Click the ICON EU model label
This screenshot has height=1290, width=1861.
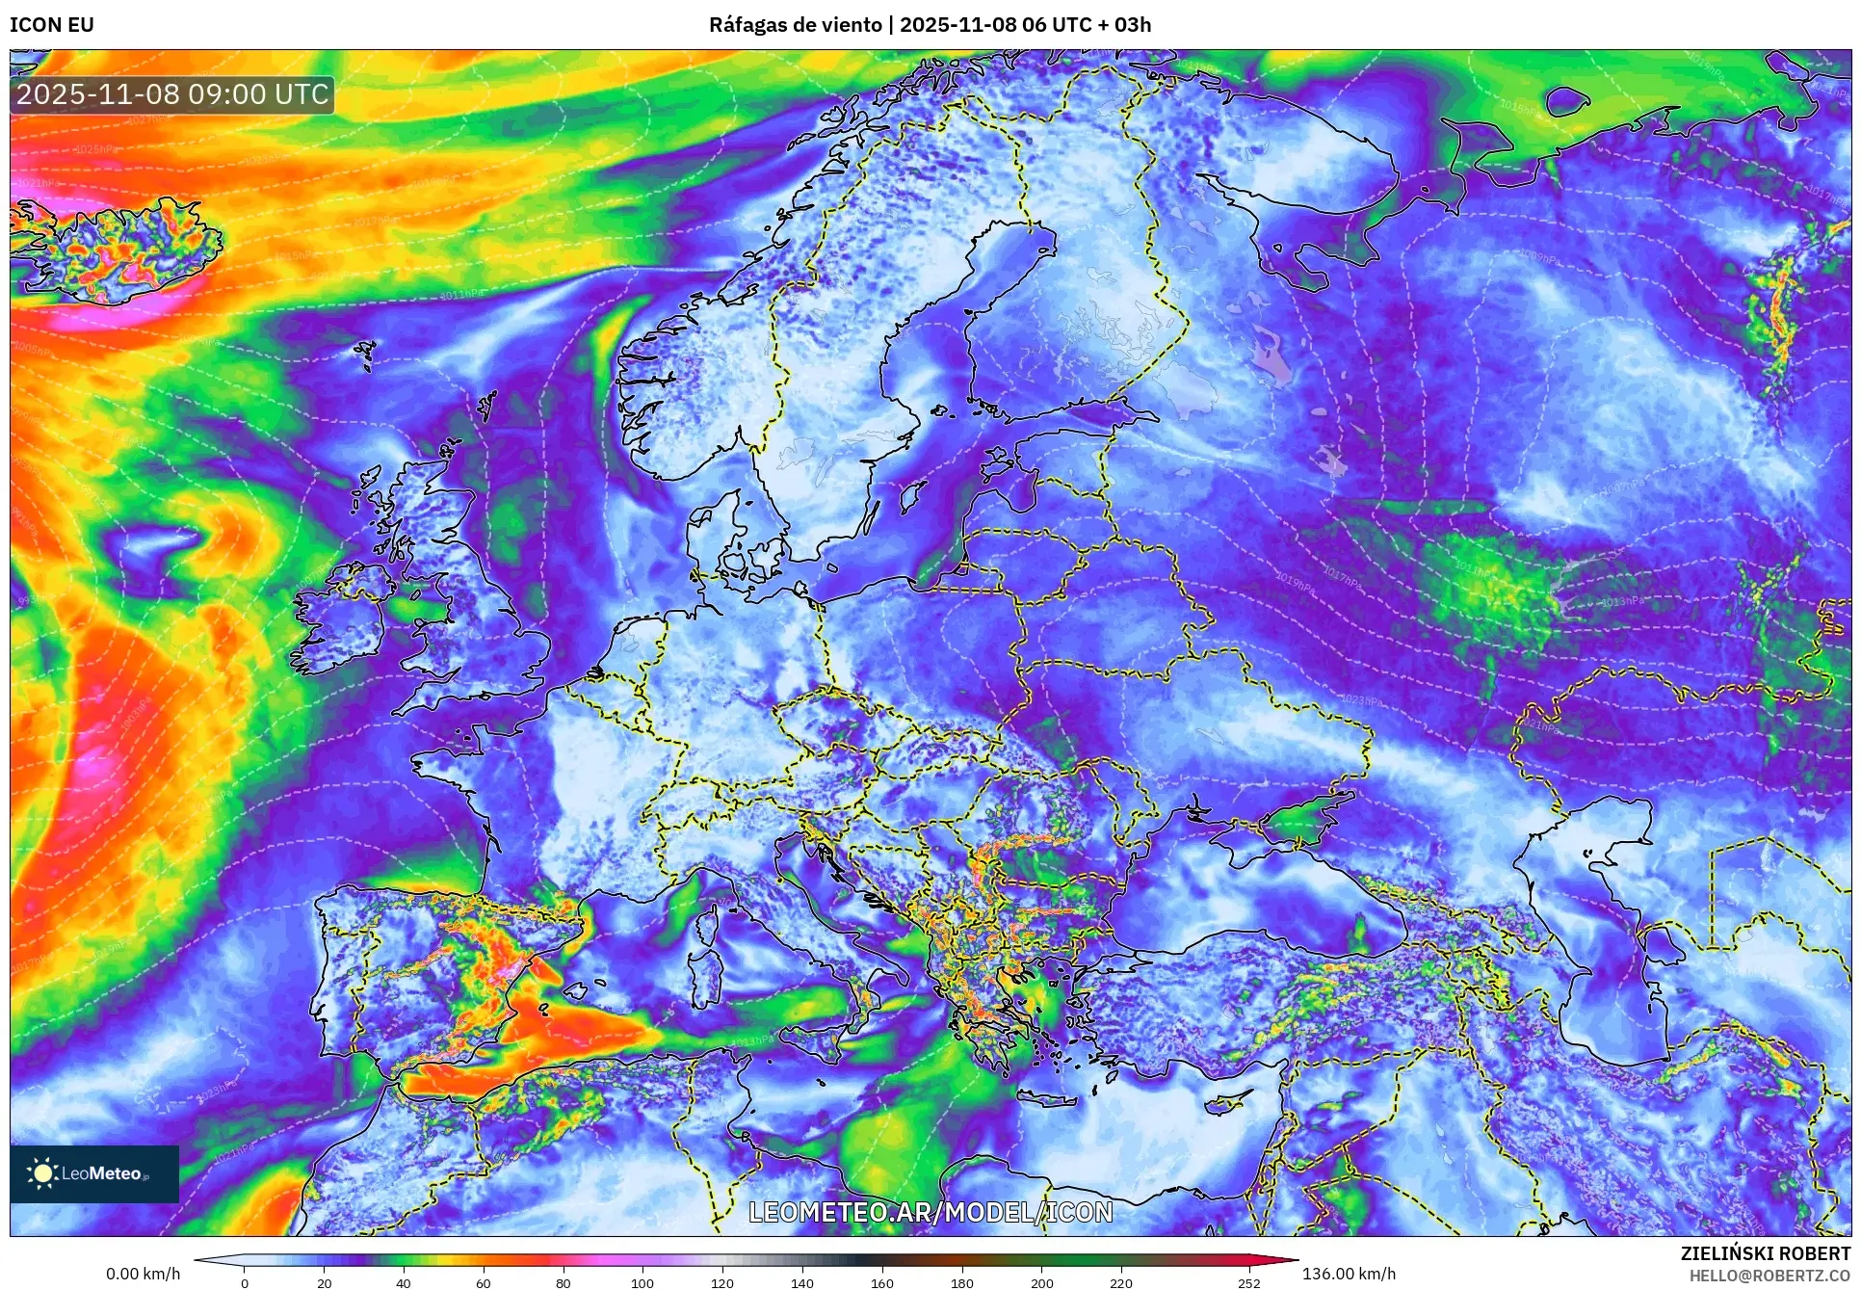tap(52, 25)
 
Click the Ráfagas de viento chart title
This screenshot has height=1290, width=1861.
tap(930, 25)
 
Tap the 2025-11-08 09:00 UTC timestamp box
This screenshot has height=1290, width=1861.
tap(172, 94)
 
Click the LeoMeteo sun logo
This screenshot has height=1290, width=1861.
tap(42, 1172)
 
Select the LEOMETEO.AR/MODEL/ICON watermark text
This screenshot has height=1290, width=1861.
tap(930, 1212)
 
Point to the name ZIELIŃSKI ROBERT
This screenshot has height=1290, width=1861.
tap(1765, 1253)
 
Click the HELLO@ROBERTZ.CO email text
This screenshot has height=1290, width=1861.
tap(1769, 1276)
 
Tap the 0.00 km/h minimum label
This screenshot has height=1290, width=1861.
tap(143, 1274)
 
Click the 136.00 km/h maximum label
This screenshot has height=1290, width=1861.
tap(1349, 1274)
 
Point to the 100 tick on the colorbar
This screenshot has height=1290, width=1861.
tap(642, 1282)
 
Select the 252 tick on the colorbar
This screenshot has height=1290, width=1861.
tap(1249, 1282)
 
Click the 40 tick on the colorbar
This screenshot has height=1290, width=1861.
tap(404, 1282)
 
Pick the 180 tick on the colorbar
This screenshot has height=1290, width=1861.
tap(961, 1282)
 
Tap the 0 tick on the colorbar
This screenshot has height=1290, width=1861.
tap(245, 1282)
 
